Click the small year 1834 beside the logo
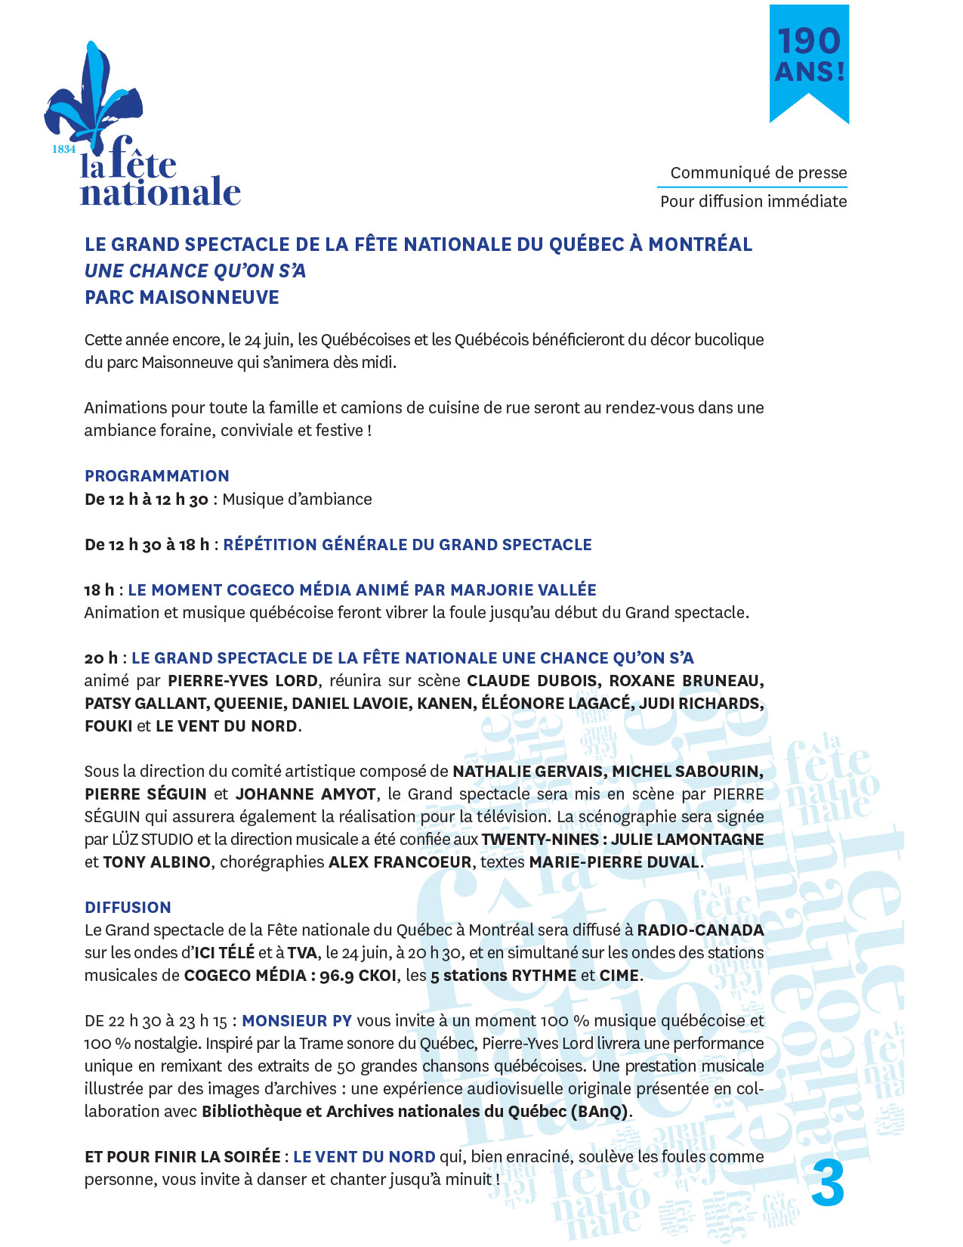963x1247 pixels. coord(63,149)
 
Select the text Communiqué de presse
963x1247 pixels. coord(758,172)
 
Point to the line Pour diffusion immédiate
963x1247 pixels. coord(753,201)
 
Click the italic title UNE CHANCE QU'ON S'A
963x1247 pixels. coord(196,271)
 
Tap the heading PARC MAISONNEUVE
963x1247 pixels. coord(182,297)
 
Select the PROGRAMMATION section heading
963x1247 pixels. coord(157,475)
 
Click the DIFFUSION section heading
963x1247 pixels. coord(128,907)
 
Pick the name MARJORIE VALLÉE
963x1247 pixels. coord(523,589)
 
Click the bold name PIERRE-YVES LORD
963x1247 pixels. coord(242,680)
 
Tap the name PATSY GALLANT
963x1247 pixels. coord(146,703)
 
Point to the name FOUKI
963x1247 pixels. coord(107,726)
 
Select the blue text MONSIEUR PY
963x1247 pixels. coord(297,1020)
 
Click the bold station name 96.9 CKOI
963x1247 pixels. coord(358,975)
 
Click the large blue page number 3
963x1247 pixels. coord(828,1184)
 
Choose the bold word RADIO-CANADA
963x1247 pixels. coord(700,930)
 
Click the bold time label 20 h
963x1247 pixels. coord(101,658)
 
